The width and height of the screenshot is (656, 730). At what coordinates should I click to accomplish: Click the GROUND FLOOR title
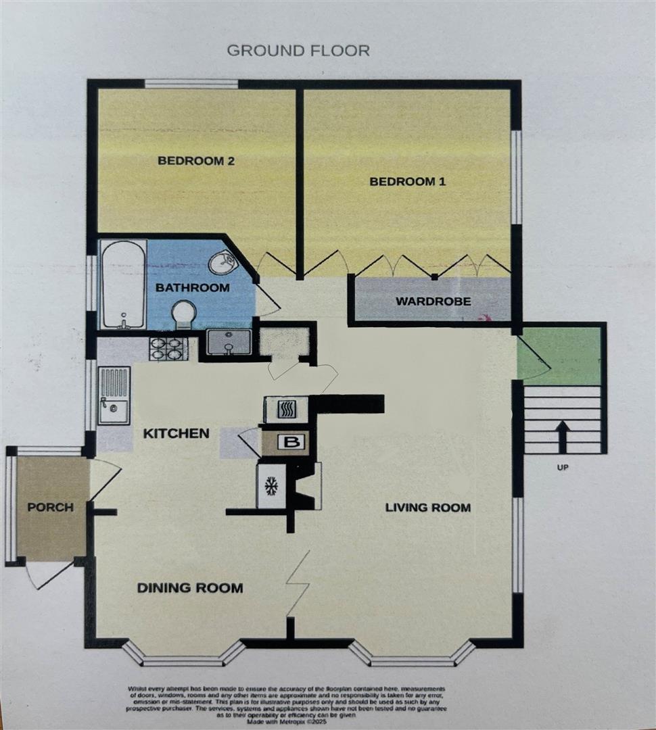point(298,51)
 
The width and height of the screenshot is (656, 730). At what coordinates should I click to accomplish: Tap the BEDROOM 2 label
point(191,161)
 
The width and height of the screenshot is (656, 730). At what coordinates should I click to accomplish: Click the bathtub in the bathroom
point(122,284)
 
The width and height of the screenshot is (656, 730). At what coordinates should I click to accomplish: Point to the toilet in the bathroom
point(185,315)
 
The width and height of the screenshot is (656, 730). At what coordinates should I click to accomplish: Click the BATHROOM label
point(193,288)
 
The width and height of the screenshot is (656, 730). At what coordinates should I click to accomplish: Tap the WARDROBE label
point(433,301)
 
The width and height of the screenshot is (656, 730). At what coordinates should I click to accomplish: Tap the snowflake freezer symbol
point(271,485)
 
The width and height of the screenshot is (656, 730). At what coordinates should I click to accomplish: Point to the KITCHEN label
point(176,433)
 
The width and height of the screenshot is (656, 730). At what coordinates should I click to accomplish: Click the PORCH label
point(51,507)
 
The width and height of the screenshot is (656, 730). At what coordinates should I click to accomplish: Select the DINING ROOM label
point(190,588)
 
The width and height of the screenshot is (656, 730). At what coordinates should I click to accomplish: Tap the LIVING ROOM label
point(427,508)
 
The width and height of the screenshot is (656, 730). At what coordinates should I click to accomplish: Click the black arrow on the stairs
point(561,435)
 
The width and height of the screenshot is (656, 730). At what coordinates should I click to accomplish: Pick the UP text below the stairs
point(562,467)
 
